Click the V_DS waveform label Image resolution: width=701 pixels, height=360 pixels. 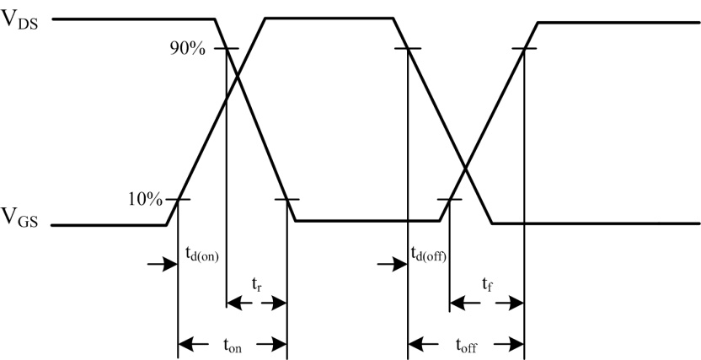tap(20, 19)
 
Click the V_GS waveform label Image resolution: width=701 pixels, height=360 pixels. tap(20, 218)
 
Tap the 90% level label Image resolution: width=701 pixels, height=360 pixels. tap(188, 48)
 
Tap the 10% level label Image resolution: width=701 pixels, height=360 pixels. tap(145, 200)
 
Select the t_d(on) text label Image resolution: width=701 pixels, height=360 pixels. tap(201, 255)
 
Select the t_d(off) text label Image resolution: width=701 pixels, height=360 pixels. tap(428, 255)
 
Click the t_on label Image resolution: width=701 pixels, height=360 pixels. tap(233, 345)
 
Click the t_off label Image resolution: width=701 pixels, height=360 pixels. tap(466, 345)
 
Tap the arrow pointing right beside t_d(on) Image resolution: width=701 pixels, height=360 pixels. tap(163, 264)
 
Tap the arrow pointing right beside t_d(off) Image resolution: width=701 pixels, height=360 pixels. tap(392, 264)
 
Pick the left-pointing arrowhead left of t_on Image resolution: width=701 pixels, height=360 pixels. tap(186, 344)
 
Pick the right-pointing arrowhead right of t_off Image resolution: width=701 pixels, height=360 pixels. tap(516, 344)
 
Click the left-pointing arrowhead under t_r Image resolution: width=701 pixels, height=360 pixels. tap(235, 304)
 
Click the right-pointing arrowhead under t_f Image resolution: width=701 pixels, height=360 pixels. tap(516, 304)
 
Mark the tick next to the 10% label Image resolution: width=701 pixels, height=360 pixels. tap(179, 199)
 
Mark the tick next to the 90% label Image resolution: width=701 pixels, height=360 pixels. tap(226, 48)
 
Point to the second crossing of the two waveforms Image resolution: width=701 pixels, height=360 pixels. tap(466, 168)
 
